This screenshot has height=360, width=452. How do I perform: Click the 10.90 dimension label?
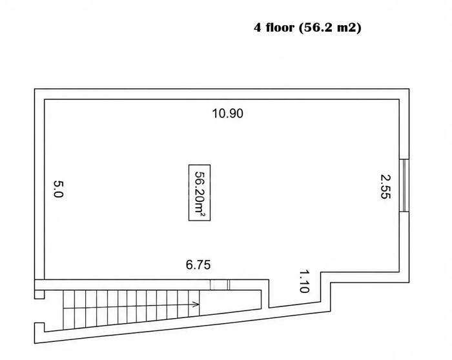click(x=228, y=114)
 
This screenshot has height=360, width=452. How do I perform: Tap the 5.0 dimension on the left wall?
click(x=58, y=189)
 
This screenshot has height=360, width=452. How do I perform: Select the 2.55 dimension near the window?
click(x=385, y=186)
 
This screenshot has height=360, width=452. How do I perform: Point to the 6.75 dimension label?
click(x=198, y=265)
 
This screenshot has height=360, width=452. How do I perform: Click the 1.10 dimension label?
click(x=304, y=281)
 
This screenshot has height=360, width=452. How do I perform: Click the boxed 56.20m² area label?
click(x=200, y=193)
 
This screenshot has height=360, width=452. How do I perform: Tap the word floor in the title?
click(x=280, y=28)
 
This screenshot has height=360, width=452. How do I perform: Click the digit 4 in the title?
click(x=257, y=28)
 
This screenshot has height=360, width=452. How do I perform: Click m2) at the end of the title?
click(x=349, y=28)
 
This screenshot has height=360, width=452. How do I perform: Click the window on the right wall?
click(x=404, y=185)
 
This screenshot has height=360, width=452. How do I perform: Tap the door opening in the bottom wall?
click(x=220, y=285)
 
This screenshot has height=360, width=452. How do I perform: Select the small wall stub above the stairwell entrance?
click(x=39, y=294)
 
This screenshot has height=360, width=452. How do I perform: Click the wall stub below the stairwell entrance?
click(x=39, y=328)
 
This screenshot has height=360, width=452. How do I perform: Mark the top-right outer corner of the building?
click(x=409, y=88)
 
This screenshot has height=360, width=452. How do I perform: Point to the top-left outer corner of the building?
click(x=35, y=88)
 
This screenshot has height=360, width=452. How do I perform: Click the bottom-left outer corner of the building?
click(x=35, y=343)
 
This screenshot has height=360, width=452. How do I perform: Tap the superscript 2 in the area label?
click(x=203, y=215)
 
